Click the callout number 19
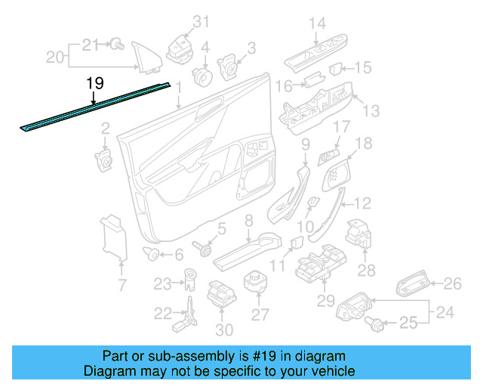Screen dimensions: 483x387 (x=95, y=83)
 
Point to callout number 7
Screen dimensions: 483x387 (x=122, y=285)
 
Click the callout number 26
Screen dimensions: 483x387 (x=451, y=283)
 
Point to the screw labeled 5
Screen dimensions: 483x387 (x=203, y=247)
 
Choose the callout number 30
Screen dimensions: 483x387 (x=224, y=330)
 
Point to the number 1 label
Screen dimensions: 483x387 (x=179, y=87)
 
